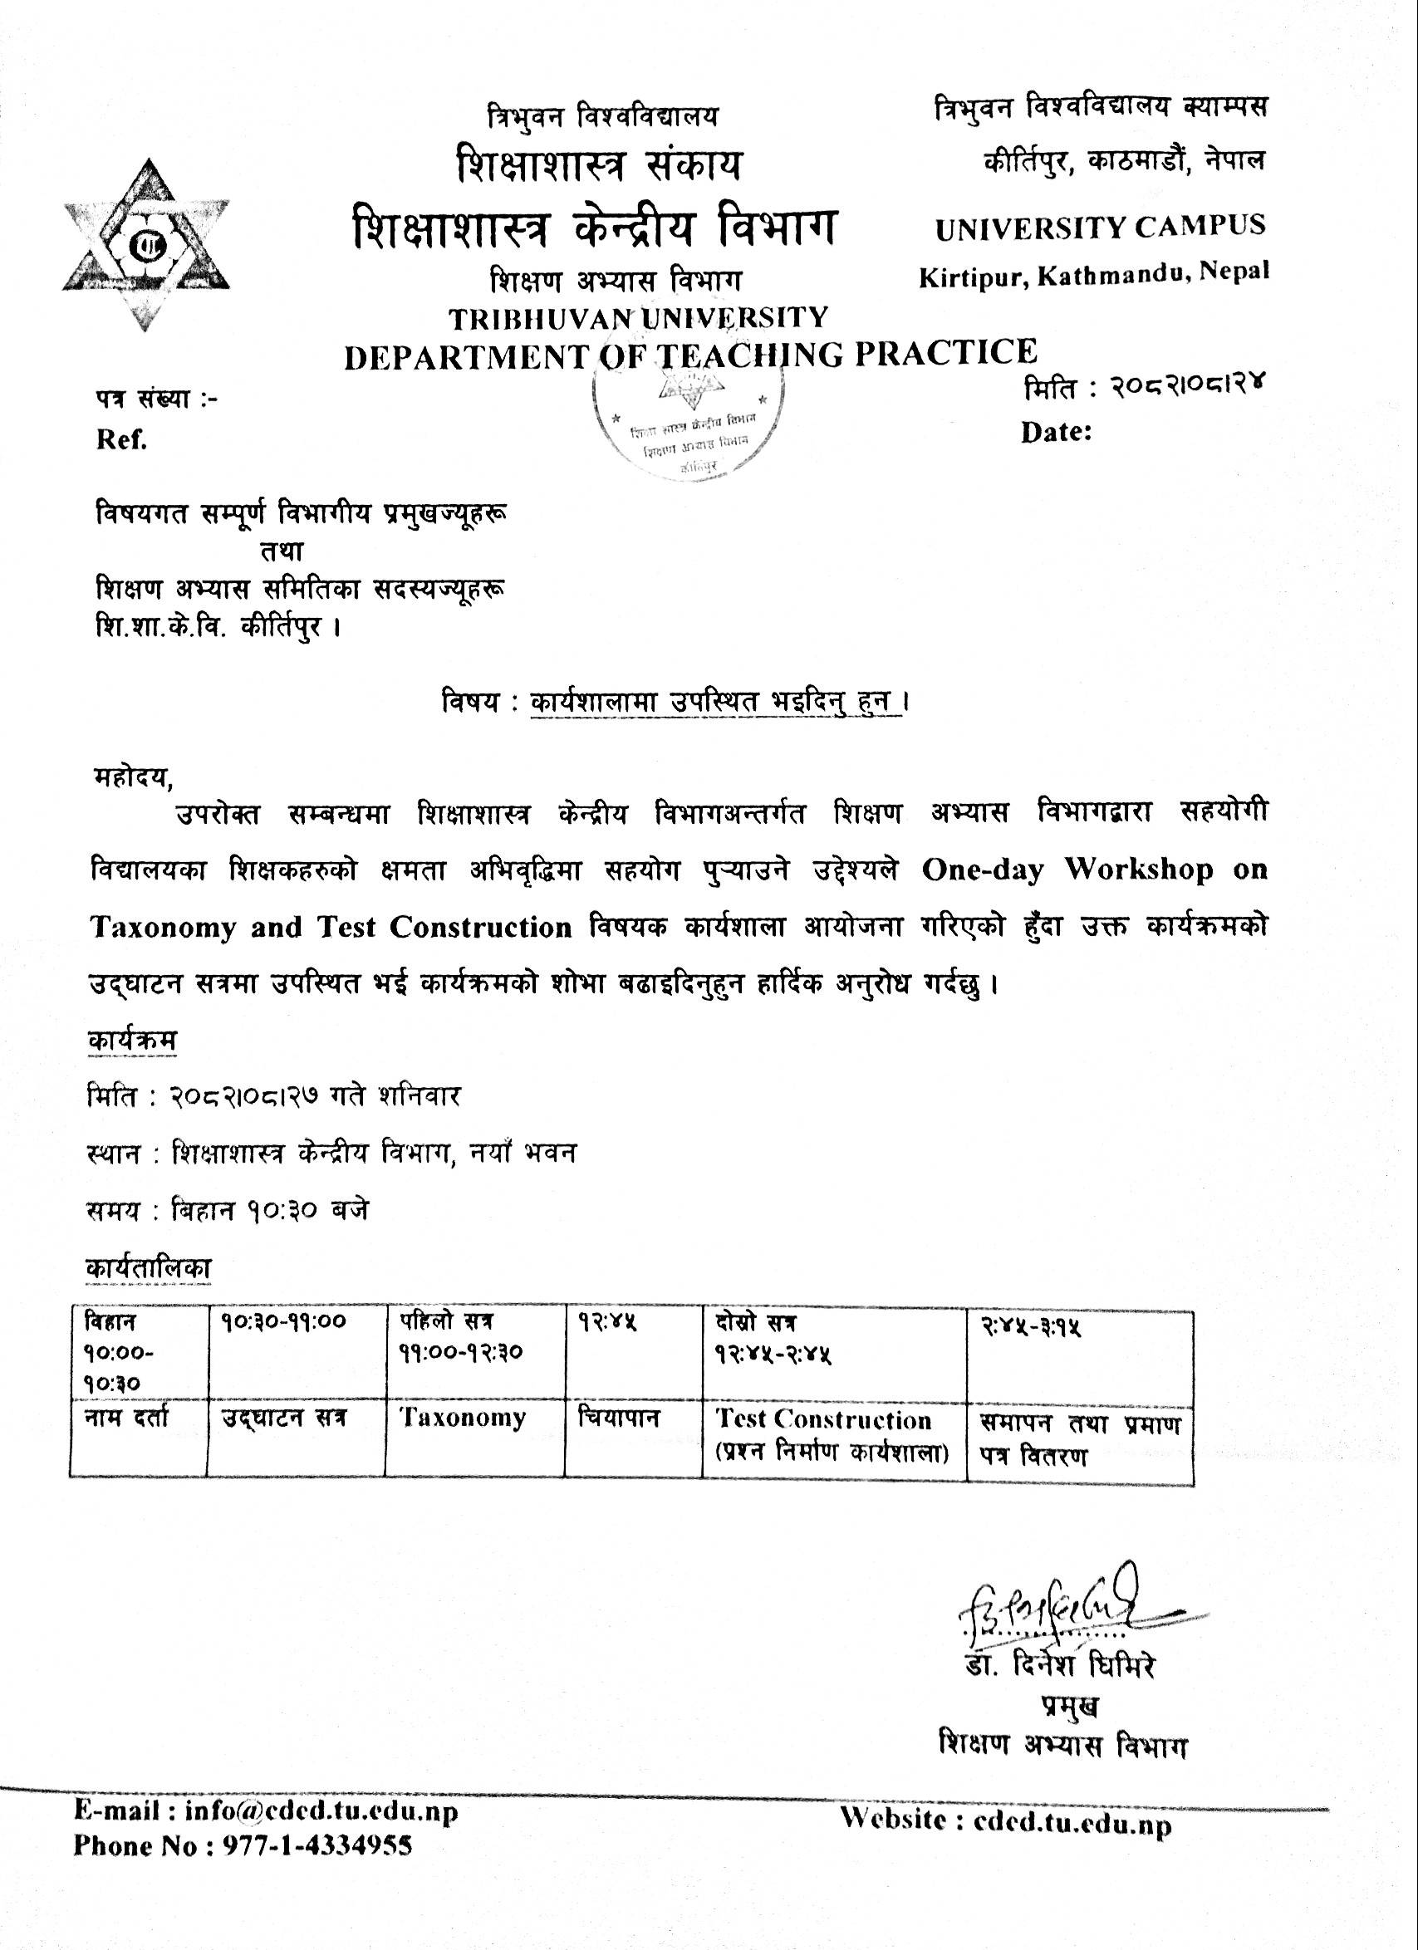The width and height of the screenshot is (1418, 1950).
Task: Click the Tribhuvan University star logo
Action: (145, 245)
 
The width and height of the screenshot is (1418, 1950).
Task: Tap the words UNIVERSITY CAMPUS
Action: (1100, 227)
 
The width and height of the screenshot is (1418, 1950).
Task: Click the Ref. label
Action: (121, 440)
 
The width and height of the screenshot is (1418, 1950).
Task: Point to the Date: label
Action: (1056, 432)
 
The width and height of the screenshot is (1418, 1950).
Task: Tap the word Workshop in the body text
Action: (1140, 870)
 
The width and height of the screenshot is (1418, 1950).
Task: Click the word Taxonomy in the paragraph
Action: (163, 927)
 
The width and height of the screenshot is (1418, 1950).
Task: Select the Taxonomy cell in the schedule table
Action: (463, 1418)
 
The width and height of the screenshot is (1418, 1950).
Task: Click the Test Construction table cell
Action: (824, 1419)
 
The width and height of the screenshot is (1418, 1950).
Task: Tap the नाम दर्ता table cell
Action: (126, 1418)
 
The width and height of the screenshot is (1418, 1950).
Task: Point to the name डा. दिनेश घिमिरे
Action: (1059, 1665)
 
